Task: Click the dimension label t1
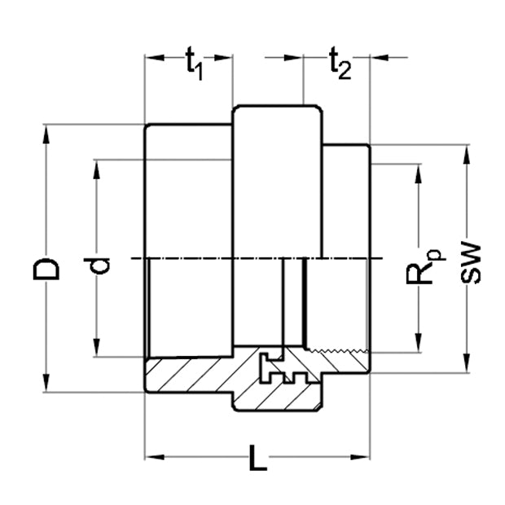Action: coord(193,62)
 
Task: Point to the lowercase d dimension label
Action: coord(101,265)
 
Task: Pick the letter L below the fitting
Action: coord(257,460)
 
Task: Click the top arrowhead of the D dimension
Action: coord(46,130)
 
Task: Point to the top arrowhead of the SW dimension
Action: coord(467,151)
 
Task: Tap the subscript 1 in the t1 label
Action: coord(199,70)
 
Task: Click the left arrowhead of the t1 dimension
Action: coord(151,58)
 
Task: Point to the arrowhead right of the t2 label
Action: coord(377,58)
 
